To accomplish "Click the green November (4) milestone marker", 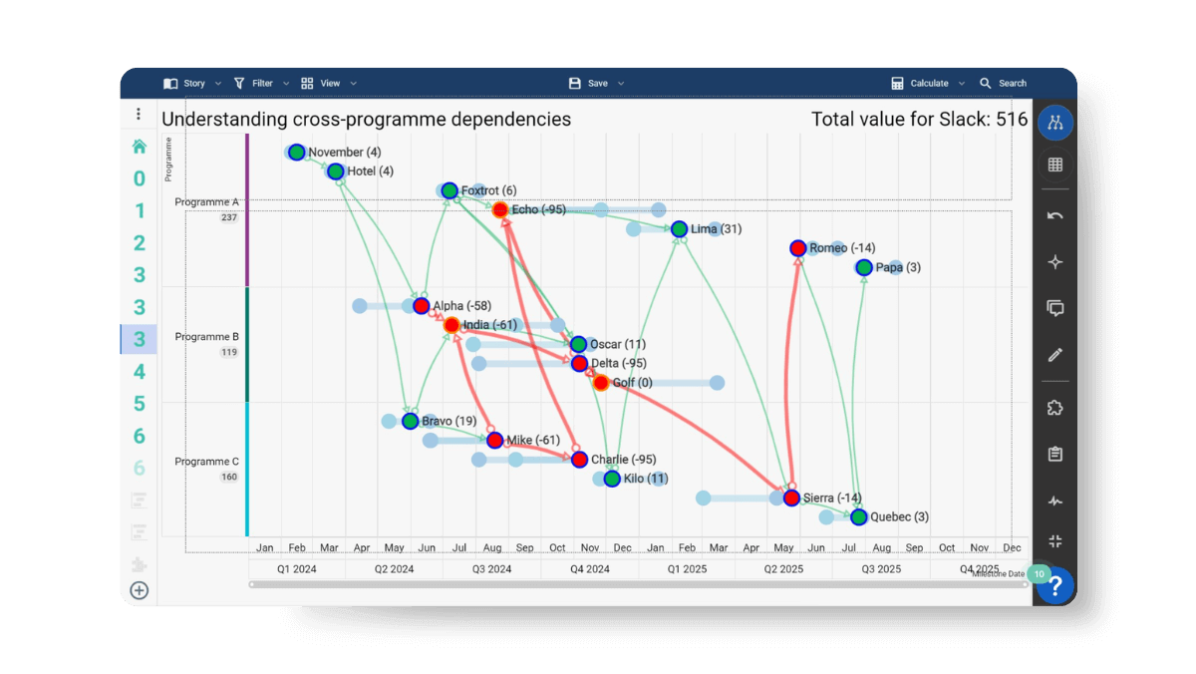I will (x=296, y=153).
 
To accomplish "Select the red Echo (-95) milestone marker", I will (x=500, y=209).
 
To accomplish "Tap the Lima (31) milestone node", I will (x=679, y=229).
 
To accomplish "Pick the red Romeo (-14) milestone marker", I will (x=797, y=248).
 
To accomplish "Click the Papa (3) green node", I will (x=864, y=267).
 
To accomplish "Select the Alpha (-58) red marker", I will (x=421, y=306).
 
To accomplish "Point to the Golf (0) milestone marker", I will (x=601, y=383).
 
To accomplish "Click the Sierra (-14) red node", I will (x=791, y=498).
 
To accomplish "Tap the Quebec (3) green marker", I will (x=859, y=516).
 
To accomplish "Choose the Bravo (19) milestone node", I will (x=410, y=421).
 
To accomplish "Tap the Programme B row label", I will (x=206, y=337).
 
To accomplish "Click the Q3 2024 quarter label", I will (x=491, y=569).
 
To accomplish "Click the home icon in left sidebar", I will (x=140, y=147).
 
